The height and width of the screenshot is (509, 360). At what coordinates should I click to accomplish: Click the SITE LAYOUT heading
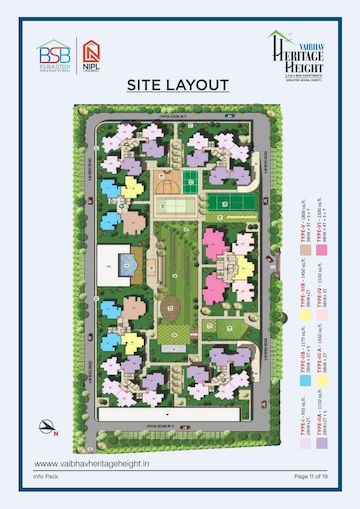pyautogui.click(x=179, y=85)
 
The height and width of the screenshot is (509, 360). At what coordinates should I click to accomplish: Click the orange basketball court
pyautogui.click(x=165, y=186)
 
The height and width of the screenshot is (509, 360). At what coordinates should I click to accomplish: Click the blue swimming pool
pyautogui.click(x=127, y=264)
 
